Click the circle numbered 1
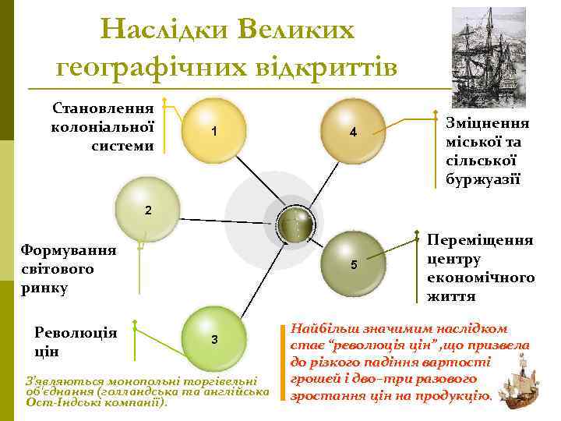[213, 131]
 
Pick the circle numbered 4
[352, 131]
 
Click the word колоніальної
[102, 126]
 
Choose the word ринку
[45, 288]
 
